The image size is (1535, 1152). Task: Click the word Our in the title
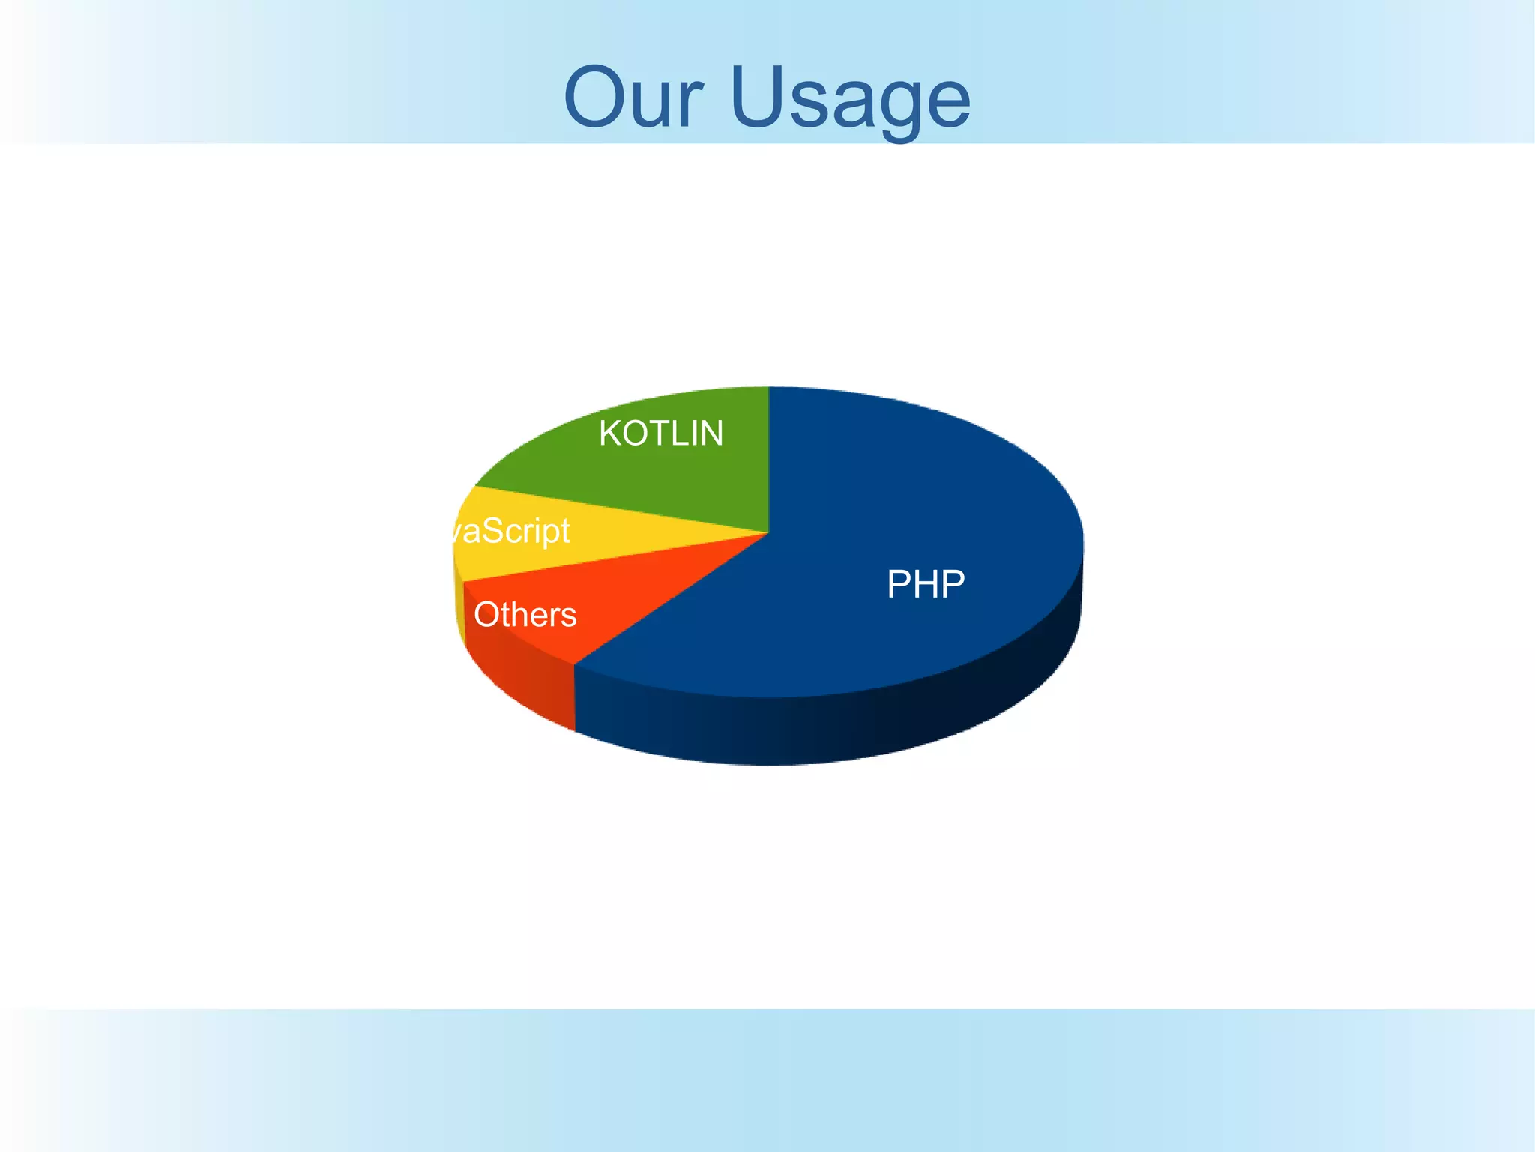633,98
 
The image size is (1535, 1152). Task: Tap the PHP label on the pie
926,584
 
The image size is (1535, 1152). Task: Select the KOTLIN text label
661,433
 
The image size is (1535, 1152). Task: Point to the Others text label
525,615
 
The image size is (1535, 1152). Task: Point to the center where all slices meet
768,532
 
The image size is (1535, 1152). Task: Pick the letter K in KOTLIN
609,433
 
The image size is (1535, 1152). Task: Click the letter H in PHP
926,584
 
